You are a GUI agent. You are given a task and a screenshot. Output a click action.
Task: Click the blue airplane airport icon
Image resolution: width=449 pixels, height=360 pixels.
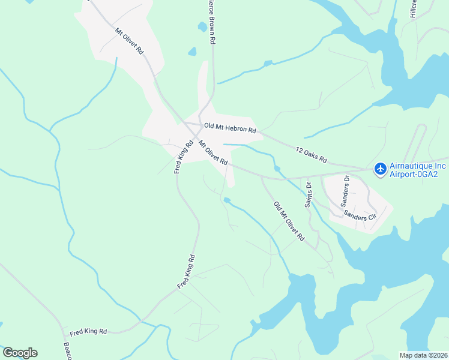380,169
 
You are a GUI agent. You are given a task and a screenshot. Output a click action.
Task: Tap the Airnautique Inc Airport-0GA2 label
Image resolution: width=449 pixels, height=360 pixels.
418,169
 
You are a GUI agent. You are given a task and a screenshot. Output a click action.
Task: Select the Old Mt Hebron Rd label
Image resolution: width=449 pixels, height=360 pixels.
230,128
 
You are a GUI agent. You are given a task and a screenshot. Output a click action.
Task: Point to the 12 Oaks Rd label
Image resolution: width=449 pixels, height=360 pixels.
311,155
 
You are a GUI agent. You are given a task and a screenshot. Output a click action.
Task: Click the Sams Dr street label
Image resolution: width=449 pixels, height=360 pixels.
308,193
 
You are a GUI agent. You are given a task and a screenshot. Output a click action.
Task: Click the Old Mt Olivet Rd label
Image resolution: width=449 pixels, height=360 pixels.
289,222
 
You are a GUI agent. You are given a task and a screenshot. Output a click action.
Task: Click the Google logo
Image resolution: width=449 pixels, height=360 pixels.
20,353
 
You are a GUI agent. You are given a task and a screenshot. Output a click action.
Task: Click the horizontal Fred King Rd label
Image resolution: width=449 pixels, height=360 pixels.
88,332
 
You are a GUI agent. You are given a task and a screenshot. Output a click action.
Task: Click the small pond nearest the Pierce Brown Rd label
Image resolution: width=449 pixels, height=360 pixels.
202,26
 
